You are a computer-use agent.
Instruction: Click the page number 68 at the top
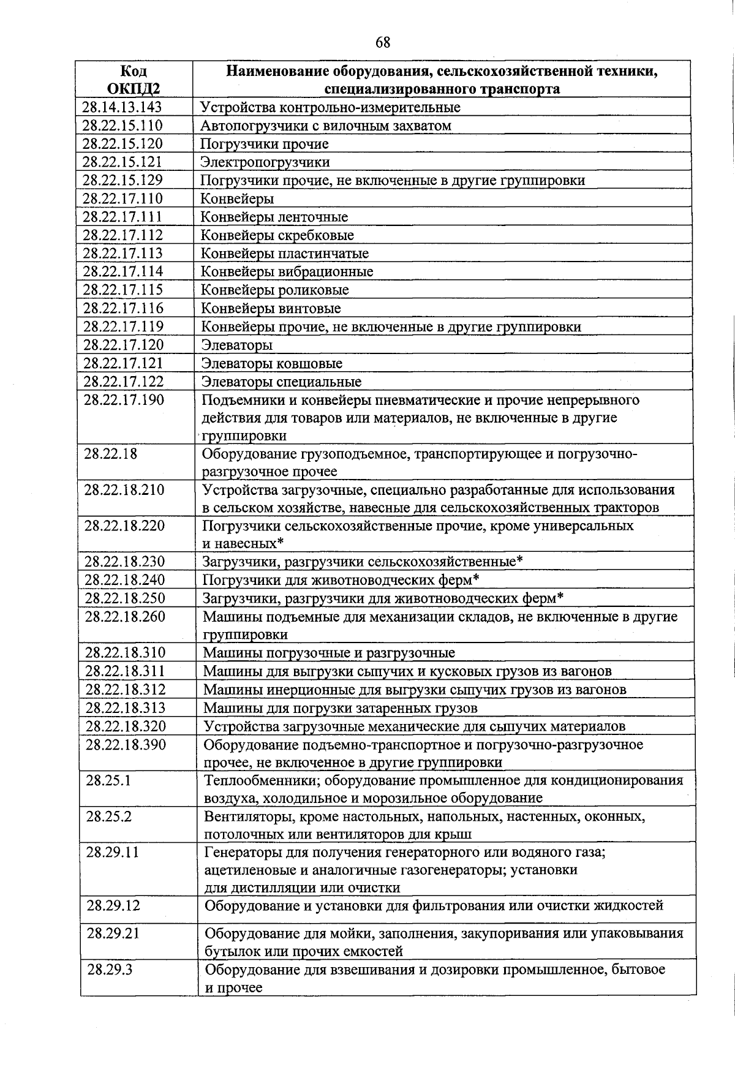[x=383, y=42]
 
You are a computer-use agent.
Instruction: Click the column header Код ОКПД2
[x=134, y=80]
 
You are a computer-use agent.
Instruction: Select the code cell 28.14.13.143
[x=123, y=107]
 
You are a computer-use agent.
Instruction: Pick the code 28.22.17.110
[x=123, y=198]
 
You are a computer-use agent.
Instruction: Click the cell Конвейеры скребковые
[x=277, y=235]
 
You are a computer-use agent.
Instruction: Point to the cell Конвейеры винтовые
[x=271, y=309]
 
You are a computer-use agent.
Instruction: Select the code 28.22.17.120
[x=124, y=345]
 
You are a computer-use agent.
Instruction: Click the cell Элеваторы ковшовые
[x=272, y=364]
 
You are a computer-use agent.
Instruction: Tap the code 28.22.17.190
[x=124, y=400]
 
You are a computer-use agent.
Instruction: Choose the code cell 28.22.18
[x=111, y=454]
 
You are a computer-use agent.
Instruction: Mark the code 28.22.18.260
[x=125, y=617]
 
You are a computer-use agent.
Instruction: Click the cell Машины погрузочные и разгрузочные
[x=329, y=653]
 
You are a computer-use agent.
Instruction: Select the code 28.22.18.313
[x=126, y=708]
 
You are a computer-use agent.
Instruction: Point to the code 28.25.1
[x=108, y=781]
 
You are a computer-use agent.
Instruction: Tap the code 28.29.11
[x=113, y=853]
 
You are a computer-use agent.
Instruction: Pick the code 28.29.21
[x=113, y=933]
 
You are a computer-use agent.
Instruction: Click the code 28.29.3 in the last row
[x=110, y=970]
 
